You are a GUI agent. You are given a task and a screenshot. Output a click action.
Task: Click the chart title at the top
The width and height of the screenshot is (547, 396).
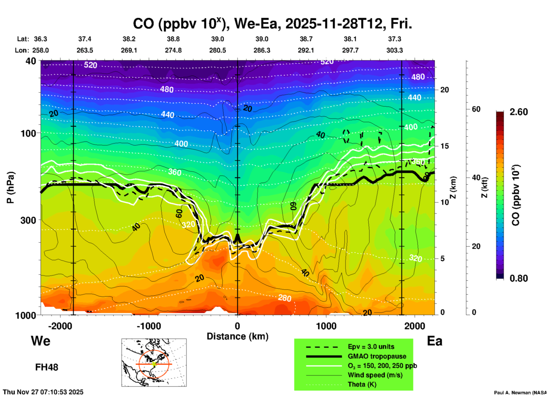pyautogui.click(x=272, y=24)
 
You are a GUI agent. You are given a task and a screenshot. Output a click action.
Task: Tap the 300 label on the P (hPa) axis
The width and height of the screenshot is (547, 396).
pyautogui.click(x=28, y=220)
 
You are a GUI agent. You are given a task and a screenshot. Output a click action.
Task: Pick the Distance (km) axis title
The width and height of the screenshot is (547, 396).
pyautogui.click(x=237, y=336)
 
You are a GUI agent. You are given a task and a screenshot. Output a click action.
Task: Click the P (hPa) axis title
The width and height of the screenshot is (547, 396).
pyautogui.click(x=11, y=187)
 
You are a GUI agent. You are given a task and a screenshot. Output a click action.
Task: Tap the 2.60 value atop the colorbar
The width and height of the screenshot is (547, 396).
pyautogui.click(x=519, y=112)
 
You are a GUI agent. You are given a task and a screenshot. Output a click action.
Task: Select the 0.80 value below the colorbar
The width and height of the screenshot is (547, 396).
pyautogui.click(x=519, y=278)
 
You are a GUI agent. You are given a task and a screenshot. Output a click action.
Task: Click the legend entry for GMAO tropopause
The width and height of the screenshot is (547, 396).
pyautogui.click(x=377, y=356)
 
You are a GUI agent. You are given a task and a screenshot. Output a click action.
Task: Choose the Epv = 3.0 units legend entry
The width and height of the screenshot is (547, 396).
pyautogui.click(x=371, y=347)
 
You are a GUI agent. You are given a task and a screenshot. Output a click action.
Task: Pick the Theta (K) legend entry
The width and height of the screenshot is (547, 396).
pyautogui.click(x=362, y=384)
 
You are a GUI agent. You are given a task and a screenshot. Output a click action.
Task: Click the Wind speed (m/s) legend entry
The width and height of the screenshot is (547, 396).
pyautogui.click(x=375, y=375)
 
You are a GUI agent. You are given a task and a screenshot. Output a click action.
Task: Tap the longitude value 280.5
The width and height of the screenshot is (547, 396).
pyautogui.click(x=218, y=50)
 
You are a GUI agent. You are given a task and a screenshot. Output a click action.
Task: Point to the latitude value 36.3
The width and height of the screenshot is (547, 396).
pyautogui.click(x=41, y=39)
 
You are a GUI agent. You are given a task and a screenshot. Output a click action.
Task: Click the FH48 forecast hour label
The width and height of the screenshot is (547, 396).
pyautogui.click(x=47, y=367)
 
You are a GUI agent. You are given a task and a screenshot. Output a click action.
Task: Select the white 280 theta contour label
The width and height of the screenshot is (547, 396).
pyautogui.click(x=284, y=298)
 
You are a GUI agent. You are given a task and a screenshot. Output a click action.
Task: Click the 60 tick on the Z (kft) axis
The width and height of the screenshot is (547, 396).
pyautogui.click(x=476, y=109)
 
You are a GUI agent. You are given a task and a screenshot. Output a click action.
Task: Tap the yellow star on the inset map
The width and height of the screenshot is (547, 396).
pyautogui.click(x=154, y=364)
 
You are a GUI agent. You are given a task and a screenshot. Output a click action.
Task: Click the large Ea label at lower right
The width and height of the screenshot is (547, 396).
pyautogui.click(x=435, y=341)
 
